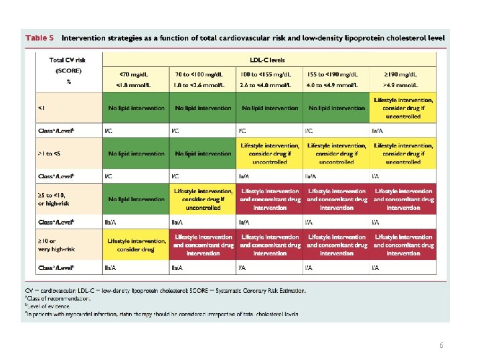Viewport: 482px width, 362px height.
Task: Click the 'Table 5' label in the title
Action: tap(39, 38)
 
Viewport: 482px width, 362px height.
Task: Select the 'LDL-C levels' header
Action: tap(269, 60)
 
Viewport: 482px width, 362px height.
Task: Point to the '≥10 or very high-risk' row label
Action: tap(58, 244)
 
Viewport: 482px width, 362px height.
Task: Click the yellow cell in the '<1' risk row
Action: tap(404, 107)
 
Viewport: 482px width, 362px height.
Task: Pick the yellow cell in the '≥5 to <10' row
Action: tap(203, 199)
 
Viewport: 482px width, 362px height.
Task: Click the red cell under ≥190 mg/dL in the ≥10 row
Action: tap(404, 244)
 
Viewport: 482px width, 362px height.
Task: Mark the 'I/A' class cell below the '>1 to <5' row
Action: tap(377, 176)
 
